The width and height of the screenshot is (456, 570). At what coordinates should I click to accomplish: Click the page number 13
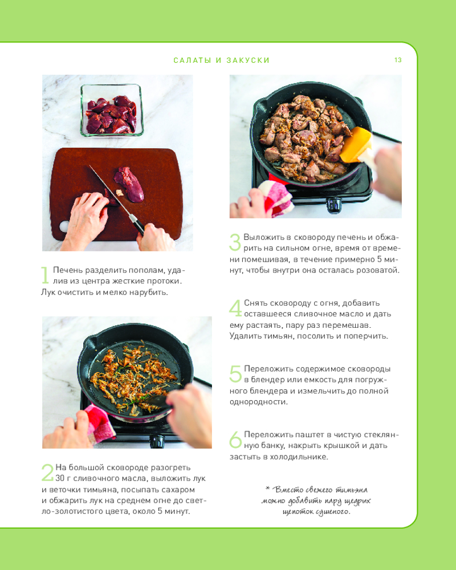tap(398, 60)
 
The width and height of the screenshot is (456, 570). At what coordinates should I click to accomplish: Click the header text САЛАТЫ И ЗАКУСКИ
tap(222, 60)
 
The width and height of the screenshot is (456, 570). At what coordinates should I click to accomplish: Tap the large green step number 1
tap(45, 275)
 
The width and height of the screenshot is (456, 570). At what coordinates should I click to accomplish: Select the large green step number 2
tap(48, 472)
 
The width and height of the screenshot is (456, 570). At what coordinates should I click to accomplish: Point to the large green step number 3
tap(235, 242)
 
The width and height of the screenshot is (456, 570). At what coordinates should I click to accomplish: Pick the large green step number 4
tap(235, 308)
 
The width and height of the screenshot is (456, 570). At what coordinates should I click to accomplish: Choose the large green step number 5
tap(235, 374)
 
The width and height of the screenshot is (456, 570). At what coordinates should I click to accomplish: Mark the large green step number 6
tap(235, 439)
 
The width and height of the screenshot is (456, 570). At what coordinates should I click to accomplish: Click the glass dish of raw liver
tap(112, 110)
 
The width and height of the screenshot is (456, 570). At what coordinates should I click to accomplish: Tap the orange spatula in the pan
tap(355, 145)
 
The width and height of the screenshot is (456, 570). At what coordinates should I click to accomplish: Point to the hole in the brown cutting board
tap(64, 226)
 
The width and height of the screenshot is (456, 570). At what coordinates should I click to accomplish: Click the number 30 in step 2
tap(60, 478)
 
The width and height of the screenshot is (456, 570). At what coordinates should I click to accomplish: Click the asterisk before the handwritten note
tap(268, 488)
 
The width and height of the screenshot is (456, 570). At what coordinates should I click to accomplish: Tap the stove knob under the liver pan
tap(334, 205)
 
